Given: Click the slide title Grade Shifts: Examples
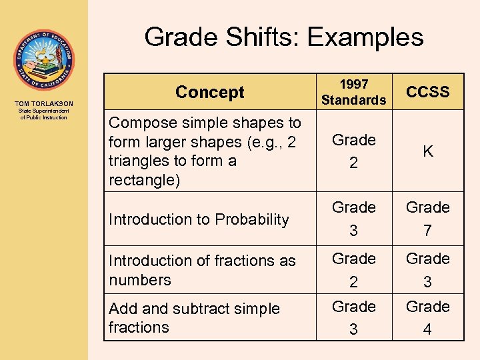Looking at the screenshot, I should pyautogui.click(x=283, y=37).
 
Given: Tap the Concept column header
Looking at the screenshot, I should pyautogui.click(x=210, y=92).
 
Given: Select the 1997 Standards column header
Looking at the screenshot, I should pyautogui.click(x=353, y=92).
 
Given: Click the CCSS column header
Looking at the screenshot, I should pyautogui.click(x=427, y=92).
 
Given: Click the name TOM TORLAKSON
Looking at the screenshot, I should pyautogui.click(x=43, y=104).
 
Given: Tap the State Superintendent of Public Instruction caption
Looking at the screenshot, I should pyautogui.click(x=43, y=115).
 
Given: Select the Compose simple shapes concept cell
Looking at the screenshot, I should pyautogui.click(x=205, y=151).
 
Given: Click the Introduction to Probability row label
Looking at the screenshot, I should pyautogui.click(x=199, y=219).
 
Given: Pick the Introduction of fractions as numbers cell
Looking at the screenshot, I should pyautogui.click(x=202, y=270).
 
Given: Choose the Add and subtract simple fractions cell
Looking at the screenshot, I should pyautogui.click(x=194, y=318).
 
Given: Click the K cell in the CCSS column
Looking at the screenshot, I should pyautogui.click(x=427, y=151).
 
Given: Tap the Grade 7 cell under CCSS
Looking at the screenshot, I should pyautogui.click(x=427, y=219).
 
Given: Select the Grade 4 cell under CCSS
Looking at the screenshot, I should pyautogui.click(x=427, y=318).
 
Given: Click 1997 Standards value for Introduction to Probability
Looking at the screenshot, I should pyautogui.click(x=353, y=219).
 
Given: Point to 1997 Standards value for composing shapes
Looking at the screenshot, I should pyautogui.click(x=353, y=151).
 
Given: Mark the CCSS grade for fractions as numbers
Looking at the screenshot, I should pyautogui.click(x=427, y=270).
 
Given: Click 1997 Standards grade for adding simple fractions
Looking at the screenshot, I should pyautogui.click(x=353, y=318).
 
